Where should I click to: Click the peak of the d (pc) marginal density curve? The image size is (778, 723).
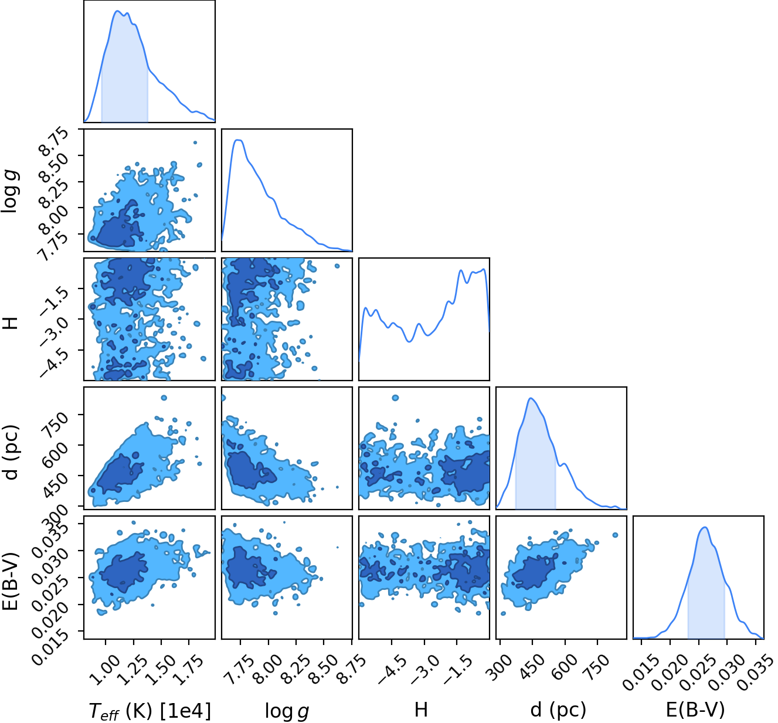531,398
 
